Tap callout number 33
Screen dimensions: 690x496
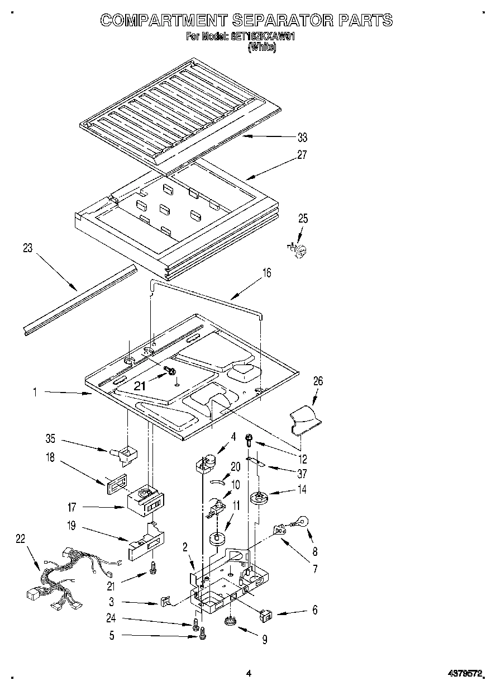click(302, 138)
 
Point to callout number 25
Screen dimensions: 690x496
click(302, 219)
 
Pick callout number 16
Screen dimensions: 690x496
click(267, 273)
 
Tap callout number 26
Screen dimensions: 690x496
click(317, 381)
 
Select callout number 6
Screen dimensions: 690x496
click(314, 611)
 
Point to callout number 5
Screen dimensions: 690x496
click(112, 635)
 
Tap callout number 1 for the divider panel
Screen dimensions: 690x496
click(35, 393)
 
